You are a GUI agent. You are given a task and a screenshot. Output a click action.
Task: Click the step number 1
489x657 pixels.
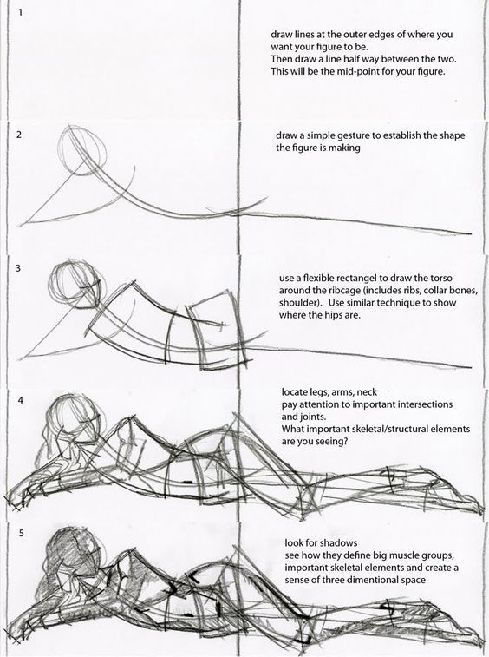click(20, 12)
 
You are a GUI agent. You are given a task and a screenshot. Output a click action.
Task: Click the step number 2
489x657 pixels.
click(19, 135)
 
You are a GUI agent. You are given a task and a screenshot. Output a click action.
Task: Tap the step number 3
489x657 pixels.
click(18, 268)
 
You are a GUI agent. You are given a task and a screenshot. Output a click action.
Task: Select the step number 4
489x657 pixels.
click(21, 400)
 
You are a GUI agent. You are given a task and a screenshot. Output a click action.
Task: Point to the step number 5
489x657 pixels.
click(21, 534)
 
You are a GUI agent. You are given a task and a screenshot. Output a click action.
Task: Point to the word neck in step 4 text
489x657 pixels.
click(367, 392)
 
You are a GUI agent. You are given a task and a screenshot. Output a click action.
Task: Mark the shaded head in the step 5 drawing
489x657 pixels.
click(74, 549)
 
